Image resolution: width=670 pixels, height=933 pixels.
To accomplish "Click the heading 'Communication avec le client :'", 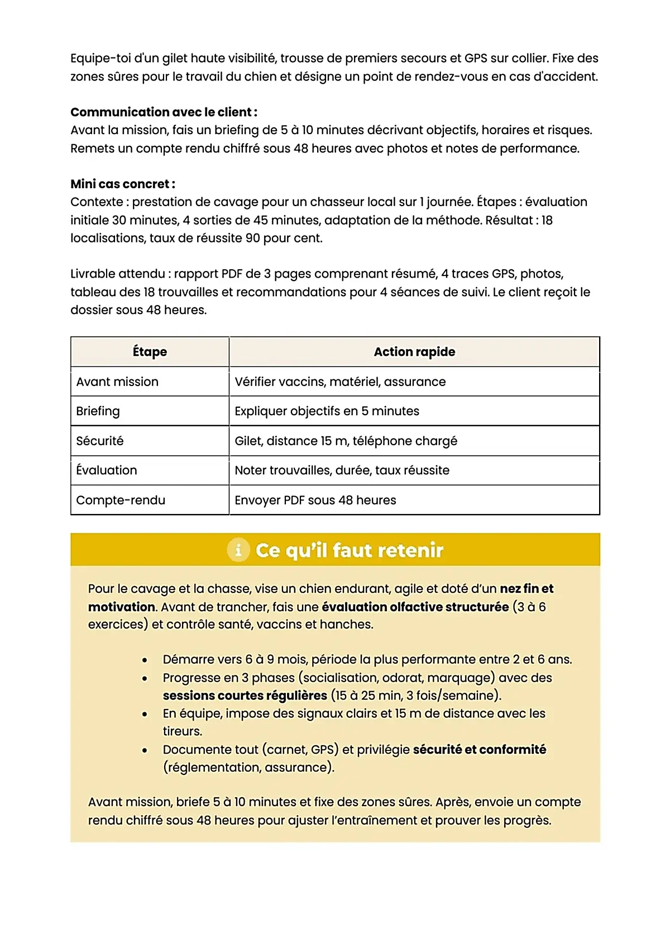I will pos(164,112).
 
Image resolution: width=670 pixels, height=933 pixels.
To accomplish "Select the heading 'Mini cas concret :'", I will pos(123,184).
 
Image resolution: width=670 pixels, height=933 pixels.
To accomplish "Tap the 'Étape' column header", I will pos(150,352).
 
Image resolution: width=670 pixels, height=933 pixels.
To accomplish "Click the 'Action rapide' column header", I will pos(414,352).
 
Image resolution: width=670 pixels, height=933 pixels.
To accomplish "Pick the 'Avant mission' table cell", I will pos(117,382).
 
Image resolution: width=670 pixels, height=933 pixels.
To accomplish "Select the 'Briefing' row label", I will pos(98,411).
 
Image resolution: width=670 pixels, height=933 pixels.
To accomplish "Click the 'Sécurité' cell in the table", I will pos(100,441).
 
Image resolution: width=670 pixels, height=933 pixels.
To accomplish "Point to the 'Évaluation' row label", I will pos(107,470).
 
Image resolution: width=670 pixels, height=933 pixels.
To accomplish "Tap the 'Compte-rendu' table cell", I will pos(121,500).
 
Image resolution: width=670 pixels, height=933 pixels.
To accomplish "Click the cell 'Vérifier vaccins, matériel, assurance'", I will pos(340,382).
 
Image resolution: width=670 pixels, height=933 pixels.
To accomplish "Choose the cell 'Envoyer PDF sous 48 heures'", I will pos(315,500).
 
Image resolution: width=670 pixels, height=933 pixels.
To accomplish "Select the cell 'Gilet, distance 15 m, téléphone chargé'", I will pos(346,441).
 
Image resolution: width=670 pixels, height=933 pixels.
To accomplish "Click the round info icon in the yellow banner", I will pos(238,550).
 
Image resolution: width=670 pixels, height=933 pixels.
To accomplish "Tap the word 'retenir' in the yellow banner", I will pos(411,550).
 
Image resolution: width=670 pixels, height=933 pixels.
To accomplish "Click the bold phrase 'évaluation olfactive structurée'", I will pos(415,607).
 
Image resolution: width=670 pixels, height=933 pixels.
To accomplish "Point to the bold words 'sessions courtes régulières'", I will pos(245,696).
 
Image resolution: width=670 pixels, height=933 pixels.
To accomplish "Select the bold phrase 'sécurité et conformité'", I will pos(479,750).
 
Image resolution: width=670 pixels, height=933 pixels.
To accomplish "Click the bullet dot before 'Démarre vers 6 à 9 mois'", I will pos(145,660).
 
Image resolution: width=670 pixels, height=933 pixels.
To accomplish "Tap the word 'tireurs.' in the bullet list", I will pos(183,731).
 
